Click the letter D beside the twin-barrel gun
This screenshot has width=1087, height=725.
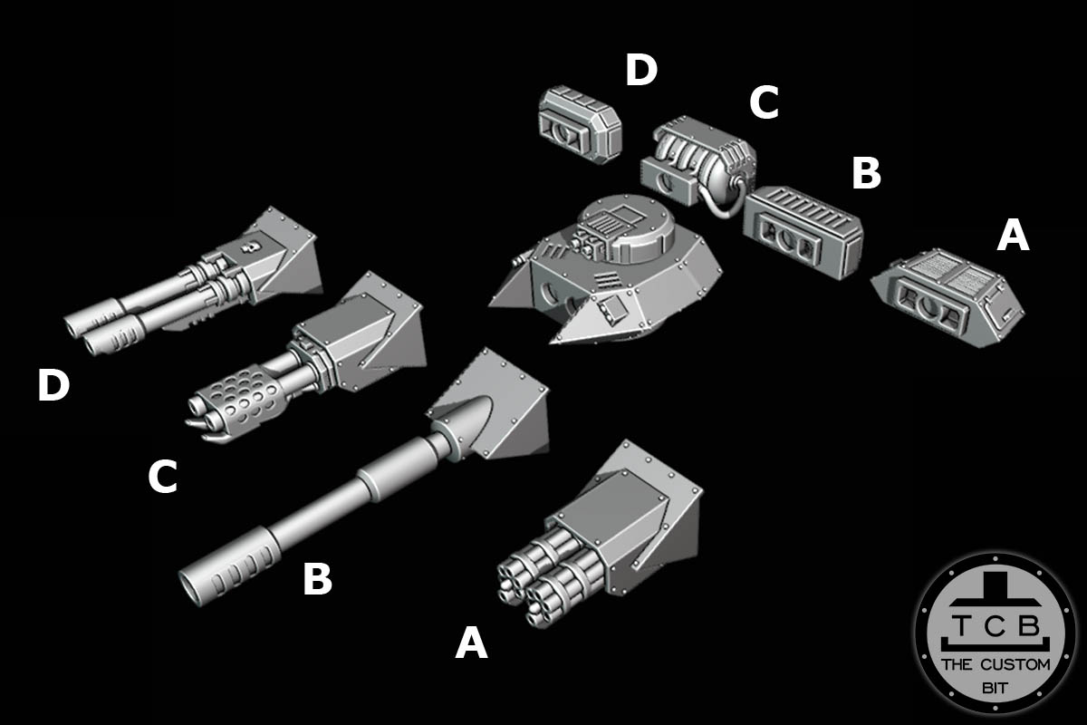53,386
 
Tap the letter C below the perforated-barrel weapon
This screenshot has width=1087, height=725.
162,478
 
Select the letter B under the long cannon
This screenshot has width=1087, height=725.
317,580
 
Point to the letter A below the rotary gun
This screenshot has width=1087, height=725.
471,643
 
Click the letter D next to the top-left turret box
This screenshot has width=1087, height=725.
640,71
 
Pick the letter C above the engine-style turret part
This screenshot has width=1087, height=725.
764,104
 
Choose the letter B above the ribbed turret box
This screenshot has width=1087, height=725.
866,174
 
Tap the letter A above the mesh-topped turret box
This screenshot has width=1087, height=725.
1013,237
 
